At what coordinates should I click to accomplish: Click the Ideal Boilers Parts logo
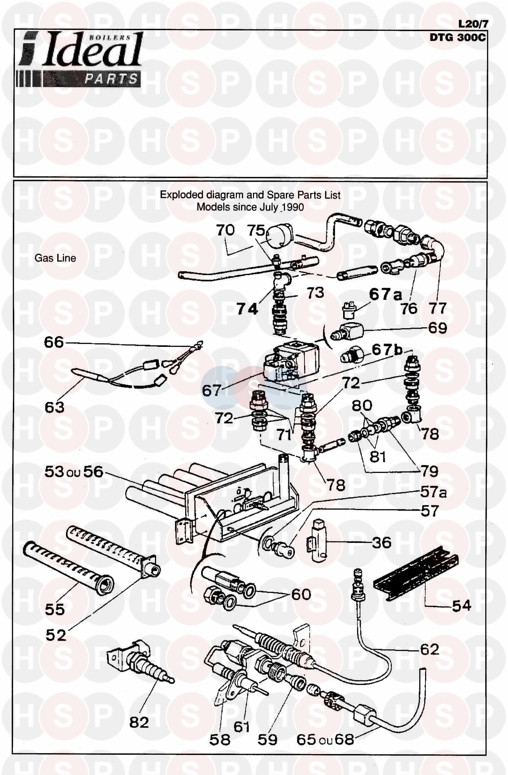point(80,60)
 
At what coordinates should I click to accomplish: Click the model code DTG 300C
point(457,38)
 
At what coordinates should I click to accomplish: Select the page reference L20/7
point(473,24)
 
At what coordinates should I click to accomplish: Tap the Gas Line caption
point(55,258)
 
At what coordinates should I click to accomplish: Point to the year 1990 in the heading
point(292,207)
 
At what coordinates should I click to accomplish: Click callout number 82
point(139,722)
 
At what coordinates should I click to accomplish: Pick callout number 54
point(461,605)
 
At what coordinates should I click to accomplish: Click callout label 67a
point(385,294)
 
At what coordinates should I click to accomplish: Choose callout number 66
point(54,342)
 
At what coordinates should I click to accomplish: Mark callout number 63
point(55,407)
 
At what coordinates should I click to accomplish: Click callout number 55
point(55,609)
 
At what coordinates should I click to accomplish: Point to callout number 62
point(429,649)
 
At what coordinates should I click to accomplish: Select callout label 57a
point(433,492)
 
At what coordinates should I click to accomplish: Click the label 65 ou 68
point(325,739)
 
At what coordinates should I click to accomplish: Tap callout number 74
point(247,309)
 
